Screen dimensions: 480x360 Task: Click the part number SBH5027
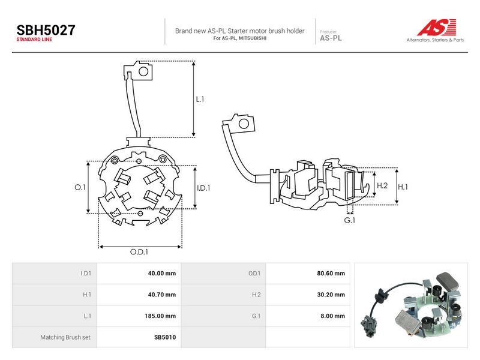(x=46, y=31)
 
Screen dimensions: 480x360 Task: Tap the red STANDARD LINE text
(x=34, y=40)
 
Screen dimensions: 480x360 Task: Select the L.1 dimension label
(x=200, y=99)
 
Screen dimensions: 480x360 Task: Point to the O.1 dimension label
(x=80, y=187)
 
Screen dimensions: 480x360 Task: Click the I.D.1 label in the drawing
(x=203, y=188)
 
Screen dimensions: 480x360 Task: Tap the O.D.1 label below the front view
(x=139, y=251)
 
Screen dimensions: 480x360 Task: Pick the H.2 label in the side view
(x=382, y=185)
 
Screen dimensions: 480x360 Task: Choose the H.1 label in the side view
(x=403, y=187)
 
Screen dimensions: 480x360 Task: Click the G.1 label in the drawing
(x=350, y=220)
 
